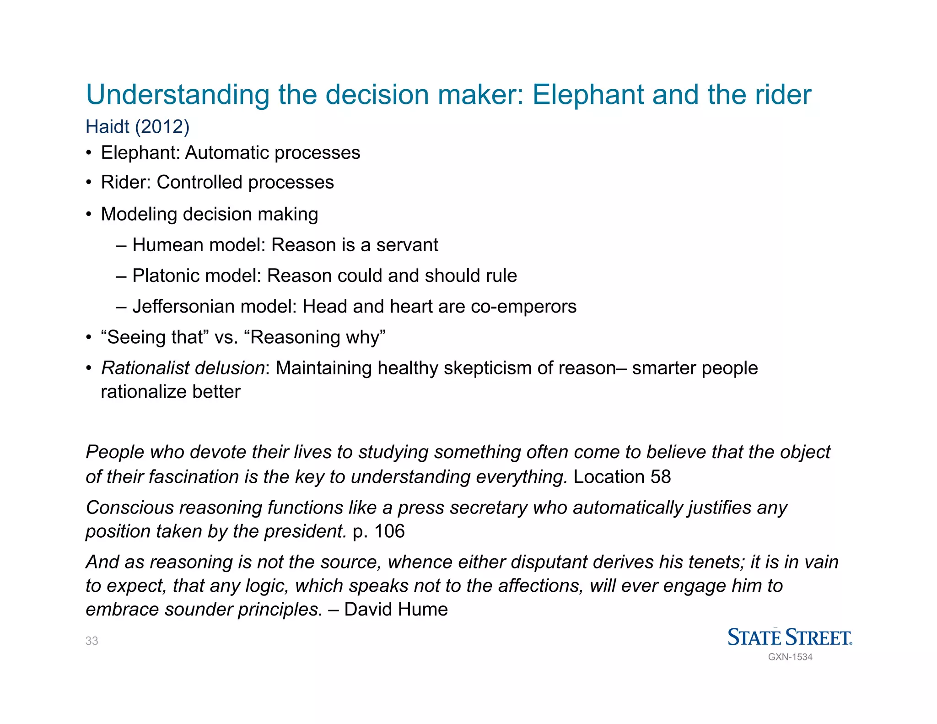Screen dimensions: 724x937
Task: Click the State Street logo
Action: (x=789, y=637)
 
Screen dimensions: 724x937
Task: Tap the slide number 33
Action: (x=92, y=641)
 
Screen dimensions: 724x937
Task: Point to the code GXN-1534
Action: (x=790, y=657)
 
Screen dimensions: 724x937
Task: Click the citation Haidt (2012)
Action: (x=137, y=127)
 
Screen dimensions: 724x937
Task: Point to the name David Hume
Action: (x=396, y=609)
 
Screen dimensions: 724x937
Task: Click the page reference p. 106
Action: (x=379, y=531)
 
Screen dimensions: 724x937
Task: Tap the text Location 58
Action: (x=622, y=477)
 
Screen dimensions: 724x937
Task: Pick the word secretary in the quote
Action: (x=487, y=508)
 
